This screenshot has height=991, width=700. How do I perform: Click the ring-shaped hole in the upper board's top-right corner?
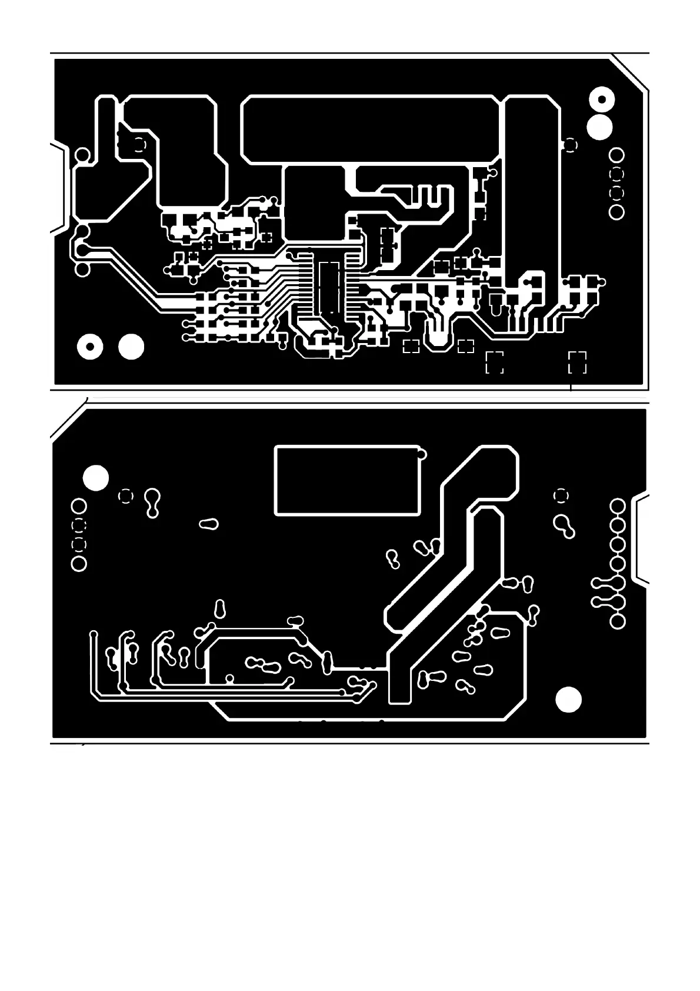[x=601, y=99]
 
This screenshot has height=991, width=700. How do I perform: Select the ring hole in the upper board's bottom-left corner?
[x=90, y=347]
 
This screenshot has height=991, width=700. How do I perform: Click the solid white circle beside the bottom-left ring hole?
[x=131, y=347]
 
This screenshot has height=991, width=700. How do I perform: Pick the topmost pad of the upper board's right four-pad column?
[x=616, y=155]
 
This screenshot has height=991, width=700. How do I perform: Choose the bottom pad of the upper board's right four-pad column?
[x=616, y=212]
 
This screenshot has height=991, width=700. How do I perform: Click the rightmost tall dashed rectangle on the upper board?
[x=577, y=362]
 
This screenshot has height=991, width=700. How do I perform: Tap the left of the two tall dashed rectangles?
[x=494, y=362]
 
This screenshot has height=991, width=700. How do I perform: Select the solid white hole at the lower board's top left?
[x=96, y=478]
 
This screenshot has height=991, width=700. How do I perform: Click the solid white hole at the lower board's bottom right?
[x=568, y=699]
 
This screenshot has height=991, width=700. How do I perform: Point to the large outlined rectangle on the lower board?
[x=347, y=480]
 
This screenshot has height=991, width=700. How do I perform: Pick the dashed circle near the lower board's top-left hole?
[x=125, y=496]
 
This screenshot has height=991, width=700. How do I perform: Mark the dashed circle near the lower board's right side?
[x=561, y=495]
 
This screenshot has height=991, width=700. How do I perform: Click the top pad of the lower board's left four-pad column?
[x=78, y=506]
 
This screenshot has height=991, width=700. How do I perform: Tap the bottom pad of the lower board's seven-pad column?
[x=617, y=621]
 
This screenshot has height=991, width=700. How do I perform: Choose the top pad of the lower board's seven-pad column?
[x=617, y=506]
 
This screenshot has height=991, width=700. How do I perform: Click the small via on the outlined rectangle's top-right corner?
[x=421, y=454]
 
